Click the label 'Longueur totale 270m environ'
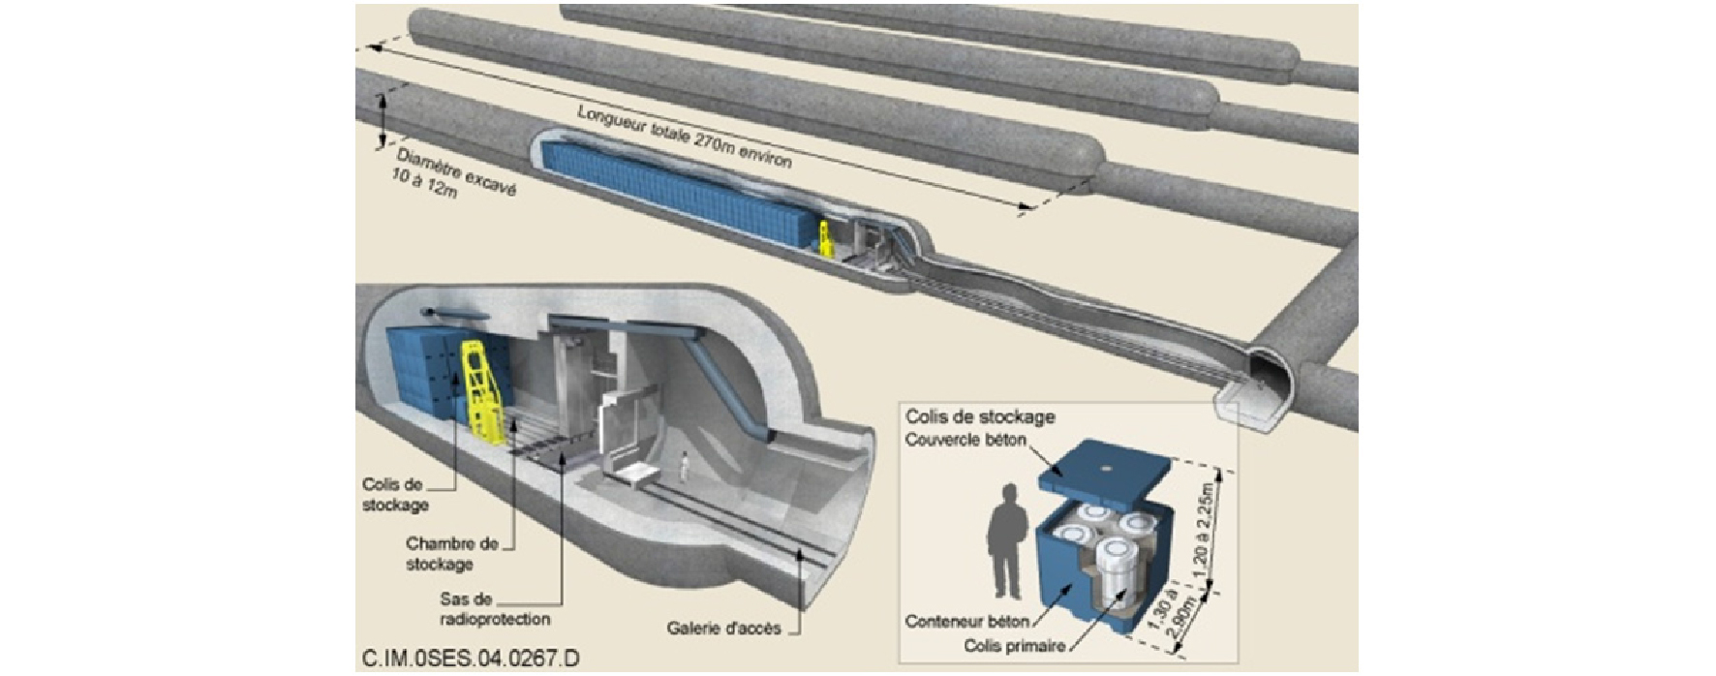pos(685,137)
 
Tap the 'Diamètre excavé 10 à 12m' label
pos(453,175)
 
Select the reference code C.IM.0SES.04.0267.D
pos(471,659)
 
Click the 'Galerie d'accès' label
pos(723,628)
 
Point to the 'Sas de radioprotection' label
pos(494,609)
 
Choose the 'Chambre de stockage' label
pos(452,553)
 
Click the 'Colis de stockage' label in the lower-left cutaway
pos(394,494)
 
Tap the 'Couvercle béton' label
pos(965,440)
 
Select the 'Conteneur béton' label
pos(966,621)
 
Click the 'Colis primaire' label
pos(1015,645)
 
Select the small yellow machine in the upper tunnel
pos(826,239)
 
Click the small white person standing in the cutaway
pos(684,467)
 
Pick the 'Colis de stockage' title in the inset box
pos(979,417)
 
